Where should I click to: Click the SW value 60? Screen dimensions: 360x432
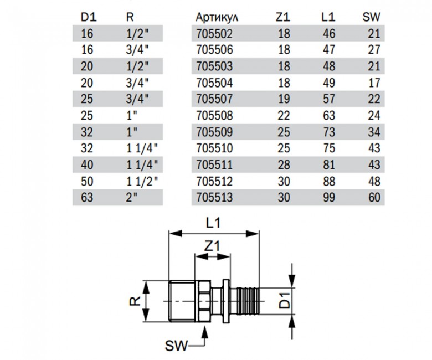coord(376,197)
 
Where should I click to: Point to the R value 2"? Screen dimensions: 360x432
coord(131,197)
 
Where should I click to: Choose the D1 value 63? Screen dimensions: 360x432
coord(88,197)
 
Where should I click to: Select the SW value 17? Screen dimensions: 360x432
coord(376,83)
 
